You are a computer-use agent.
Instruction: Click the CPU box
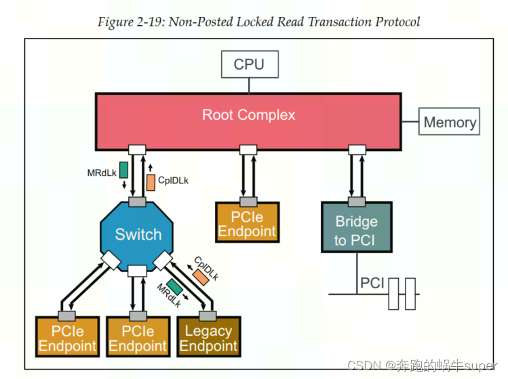tap(248, 65)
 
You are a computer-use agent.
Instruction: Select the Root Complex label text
tap(248, 115)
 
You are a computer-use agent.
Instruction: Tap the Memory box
tap(449, 122)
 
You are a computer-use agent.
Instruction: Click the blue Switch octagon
tap(138, 235)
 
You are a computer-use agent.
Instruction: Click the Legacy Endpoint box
tap(208, 338)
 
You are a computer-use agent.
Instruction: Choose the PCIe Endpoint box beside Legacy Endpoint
tap(138, 338)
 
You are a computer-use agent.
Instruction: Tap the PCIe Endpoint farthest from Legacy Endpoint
tap(67, 338)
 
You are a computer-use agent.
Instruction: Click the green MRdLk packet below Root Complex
tap(123, 169)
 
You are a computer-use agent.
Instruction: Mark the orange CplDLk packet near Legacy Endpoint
tap(200, 275)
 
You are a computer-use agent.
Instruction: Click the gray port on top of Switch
tap(138, 202)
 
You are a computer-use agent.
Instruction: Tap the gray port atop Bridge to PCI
tap(355, 201)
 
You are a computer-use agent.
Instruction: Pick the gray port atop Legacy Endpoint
tap(208, 315)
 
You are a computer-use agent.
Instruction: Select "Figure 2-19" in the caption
tap(128, 22)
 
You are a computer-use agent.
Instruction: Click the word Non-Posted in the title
tap(192, 22)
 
